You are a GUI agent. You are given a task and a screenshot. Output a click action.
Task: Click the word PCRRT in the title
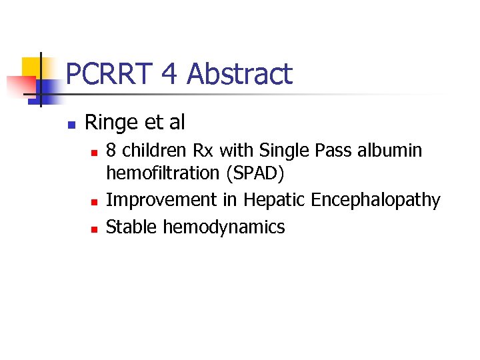110,74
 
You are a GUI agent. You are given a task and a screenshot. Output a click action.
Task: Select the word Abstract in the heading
239,74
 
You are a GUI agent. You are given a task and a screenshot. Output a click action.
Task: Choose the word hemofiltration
163,173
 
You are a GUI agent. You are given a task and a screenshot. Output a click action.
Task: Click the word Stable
131,227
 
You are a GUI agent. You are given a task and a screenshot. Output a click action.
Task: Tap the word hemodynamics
223,227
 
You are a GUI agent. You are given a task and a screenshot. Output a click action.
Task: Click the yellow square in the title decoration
33,68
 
